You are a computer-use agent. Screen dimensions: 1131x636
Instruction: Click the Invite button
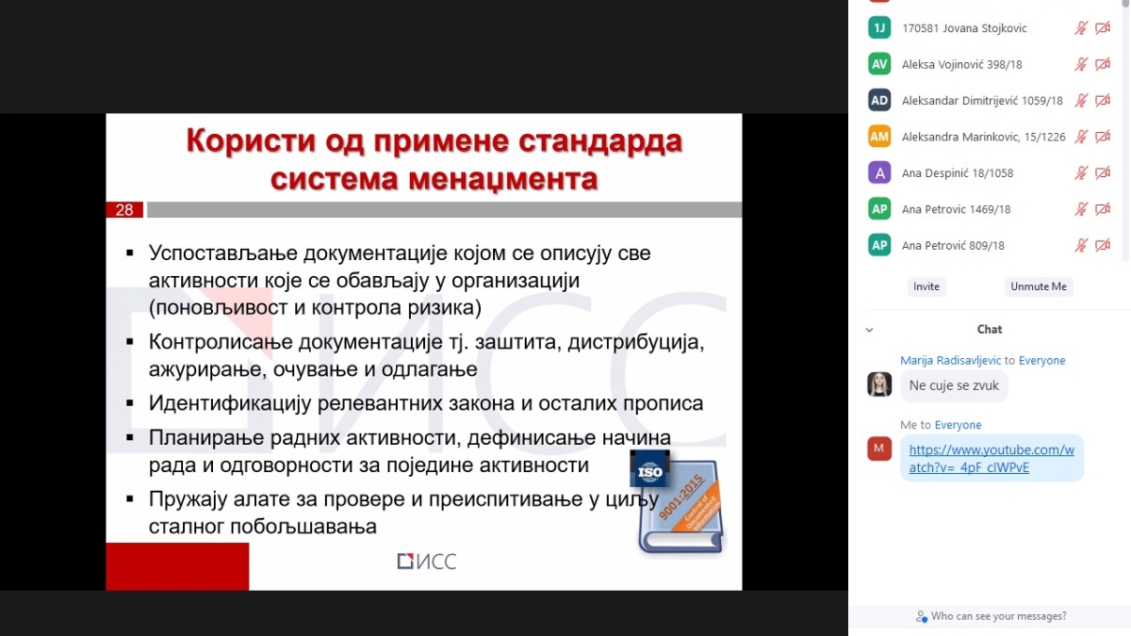(x=926, y=286)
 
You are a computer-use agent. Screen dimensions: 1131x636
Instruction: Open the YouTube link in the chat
(x=992, y=458)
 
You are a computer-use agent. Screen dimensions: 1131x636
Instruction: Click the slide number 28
(x=124, y=210)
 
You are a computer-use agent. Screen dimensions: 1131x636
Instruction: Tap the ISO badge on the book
(x=649, y=469)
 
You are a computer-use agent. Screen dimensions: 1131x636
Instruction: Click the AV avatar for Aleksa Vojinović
(x=879, y=64)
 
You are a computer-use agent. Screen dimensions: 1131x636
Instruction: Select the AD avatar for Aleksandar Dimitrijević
(x=879, y=101)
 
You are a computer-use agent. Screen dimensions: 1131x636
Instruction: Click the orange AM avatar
(x=879, y=137)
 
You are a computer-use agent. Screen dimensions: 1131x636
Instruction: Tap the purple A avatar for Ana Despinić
(x=879, y=173)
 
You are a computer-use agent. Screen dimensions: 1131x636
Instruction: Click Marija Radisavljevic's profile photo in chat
(x=879, y=384)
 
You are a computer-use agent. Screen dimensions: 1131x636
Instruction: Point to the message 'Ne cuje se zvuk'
(x=954, y=385)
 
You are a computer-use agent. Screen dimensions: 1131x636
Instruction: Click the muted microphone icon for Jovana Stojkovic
(x=1080, y=27)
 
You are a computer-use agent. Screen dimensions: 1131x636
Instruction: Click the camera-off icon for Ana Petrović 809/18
(x=1103, y=245)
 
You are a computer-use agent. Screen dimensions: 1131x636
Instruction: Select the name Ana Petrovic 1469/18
(x=957, y=209)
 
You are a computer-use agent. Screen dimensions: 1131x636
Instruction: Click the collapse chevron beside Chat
(x=869, y=330)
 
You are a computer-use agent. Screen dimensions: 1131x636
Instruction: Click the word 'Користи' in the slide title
(x=252, y=140)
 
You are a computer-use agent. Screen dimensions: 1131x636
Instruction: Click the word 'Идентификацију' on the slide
(x=230, y=404)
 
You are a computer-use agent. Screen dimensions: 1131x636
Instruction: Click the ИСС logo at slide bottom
(x=427, y=562)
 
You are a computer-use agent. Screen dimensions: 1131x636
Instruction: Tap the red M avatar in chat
(x=879, y=448)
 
